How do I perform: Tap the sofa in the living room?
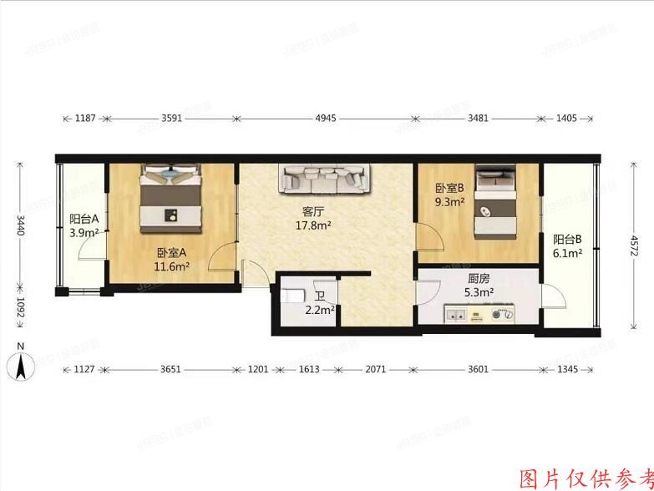(x=326, y=179)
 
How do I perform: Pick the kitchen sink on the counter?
(x=459, y=315)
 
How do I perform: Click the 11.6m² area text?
(x=171, y=266)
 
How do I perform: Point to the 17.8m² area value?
(x=313, y=225)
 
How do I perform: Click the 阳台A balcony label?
(x=84, y=220)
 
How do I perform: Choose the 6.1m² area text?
(x=568, y=253)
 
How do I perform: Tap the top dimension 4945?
(x=326, y=119)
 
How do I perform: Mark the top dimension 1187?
(x=85, y=119)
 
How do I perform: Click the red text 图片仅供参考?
(x=585, y=478)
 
